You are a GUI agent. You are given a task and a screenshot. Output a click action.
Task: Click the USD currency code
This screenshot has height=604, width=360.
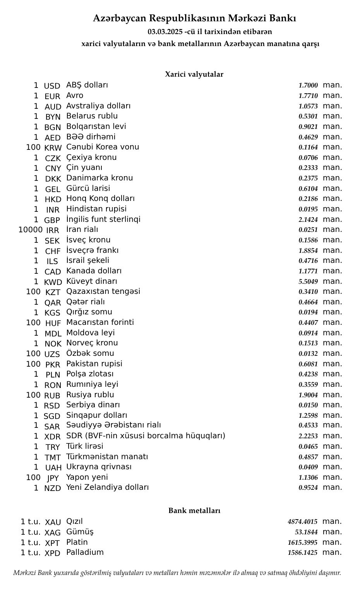52,86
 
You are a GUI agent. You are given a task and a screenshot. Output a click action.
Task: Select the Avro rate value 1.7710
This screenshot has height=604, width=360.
308,96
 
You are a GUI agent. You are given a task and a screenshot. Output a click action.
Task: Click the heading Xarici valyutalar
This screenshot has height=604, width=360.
194,74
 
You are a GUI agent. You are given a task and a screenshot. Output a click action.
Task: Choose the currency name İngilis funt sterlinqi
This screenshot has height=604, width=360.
103,220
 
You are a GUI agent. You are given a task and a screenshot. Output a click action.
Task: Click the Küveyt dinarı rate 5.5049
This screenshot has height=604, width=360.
308,281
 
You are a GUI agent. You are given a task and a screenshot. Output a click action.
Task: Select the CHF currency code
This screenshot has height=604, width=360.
53,251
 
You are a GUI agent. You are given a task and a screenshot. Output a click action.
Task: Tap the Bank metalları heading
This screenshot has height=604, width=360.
194,511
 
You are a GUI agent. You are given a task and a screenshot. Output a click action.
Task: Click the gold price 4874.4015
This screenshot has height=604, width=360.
302,522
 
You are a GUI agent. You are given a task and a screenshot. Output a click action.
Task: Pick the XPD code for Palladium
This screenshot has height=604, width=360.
53,553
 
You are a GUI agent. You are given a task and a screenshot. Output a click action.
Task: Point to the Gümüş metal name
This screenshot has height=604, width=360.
80,532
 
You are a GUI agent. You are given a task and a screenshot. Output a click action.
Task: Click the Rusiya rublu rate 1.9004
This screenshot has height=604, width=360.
308,395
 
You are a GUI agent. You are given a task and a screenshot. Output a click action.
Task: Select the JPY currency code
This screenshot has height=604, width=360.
53,478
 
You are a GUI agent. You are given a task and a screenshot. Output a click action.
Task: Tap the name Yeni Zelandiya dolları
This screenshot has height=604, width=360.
107,487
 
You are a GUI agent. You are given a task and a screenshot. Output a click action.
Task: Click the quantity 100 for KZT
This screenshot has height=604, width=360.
33,292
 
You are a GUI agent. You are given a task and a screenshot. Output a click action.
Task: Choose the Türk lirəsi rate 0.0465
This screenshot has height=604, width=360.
308,446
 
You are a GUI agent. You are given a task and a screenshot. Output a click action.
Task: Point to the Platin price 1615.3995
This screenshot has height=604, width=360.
302,542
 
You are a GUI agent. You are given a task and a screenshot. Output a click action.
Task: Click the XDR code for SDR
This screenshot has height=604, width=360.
53,437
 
